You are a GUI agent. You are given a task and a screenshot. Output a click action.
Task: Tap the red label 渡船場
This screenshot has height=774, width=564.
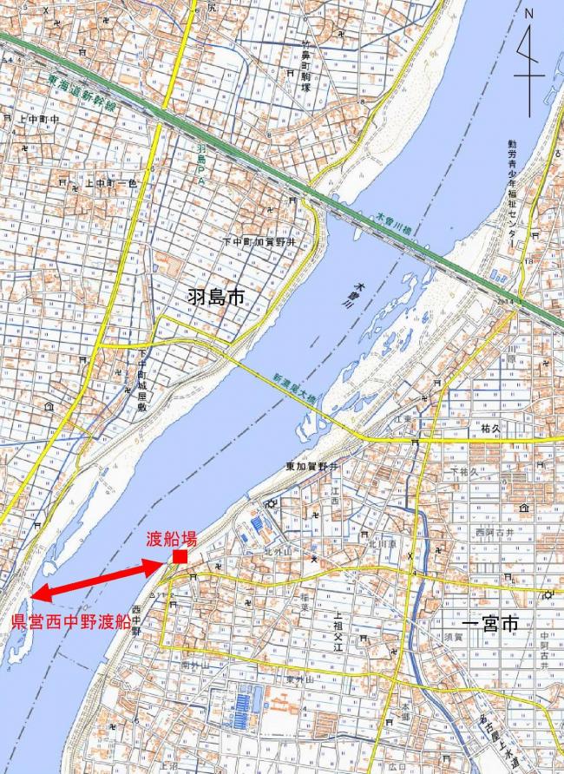[171, 538]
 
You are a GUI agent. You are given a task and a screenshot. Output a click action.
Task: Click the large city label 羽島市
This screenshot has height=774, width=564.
[216, 298]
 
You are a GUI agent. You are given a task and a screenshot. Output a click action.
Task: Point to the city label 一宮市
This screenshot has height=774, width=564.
[489, 624]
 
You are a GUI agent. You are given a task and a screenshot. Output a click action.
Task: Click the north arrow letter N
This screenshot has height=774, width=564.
[529, 14]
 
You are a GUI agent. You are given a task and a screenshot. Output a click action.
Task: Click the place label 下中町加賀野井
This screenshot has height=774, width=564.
[259, 242]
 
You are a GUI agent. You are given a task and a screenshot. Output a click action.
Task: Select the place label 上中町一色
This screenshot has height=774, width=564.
[108, 183]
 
